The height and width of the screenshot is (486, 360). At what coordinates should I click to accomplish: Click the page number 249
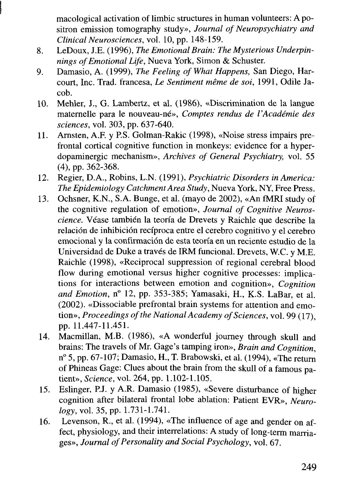(x=308, y=467)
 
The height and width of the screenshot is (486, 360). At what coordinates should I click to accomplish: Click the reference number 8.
(x=40, y=51)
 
